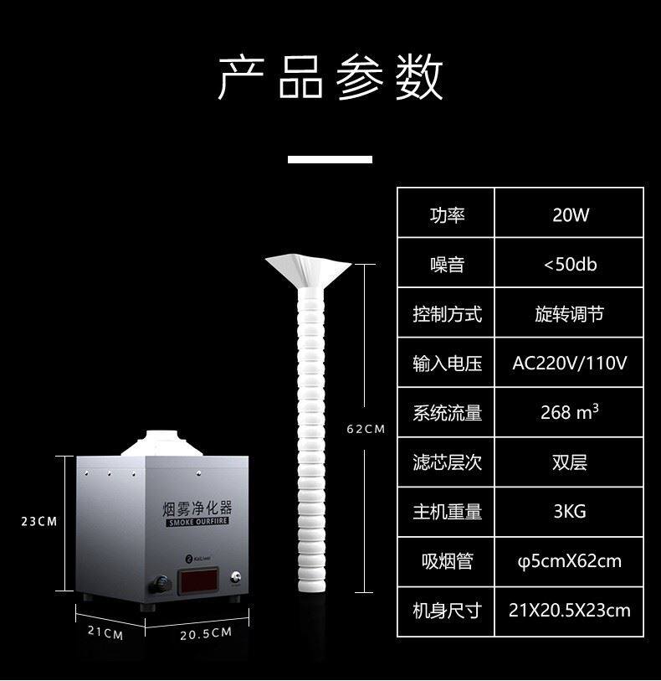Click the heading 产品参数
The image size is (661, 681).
click(x=330, y=80)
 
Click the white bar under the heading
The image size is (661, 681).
click(x=330, y=159)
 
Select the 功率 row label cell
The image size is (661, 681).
click(x=447, y=215)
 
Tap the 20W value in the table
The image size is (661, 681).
click(x=570, y=215)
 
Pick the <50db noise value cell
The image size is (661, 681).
click(x=570, y=265)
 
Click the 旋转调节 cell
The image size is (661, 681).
click(x=570, y=314)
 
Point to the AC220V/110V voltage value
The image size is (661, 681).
click(x=570, y=364)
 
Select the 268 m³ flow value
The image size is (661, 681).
click(x=570, y=412)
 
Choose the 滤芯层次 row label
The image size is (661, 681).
click(x=447, y=462)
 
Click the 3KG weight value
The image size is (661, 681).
click(x=570, y=511)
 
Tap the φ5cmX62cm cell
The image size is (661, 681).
click(x=570, y=560)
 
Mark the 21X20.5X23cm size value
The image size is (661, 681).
click(x=570, y=610)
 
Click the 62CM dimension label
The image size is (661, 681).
click(x=366, y=429)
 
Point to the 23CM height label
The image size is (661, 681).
click(x=38, y=521)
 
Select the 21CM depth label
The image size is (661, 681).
click(x=105, y=634)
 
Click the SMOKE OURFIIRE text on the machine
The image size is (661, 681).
click(x=197, y=523)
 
